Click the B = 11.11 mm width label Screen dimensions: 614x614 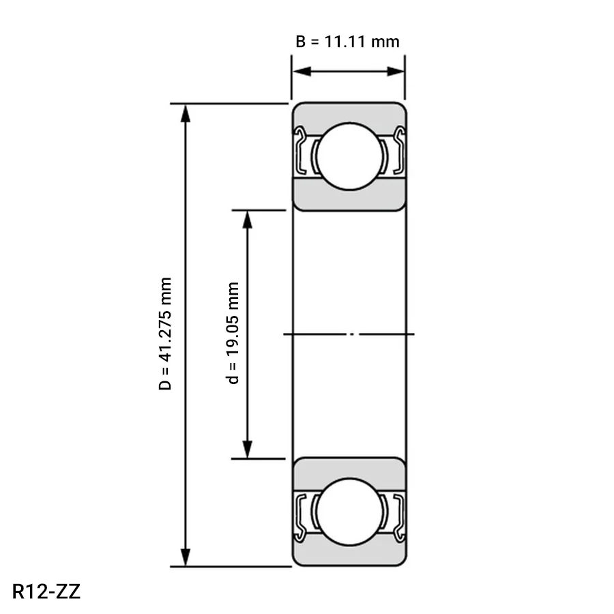pyautogui.click(x=347, y=42)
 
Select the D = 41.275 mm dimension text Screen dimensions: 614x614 pyautogui.click(x=165, y=333)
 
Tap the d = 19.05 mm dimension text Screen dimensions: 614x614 pyautogui.click(x=233, y=333)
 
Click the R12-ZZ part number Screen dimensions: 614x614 pyautogui.click(x=46, y=591)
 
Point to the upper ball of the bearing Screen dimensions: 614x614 pyautogui.click(x=350, y=156)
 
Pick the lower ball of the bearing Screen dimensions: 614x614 pyautogui.click(x=350, y=512)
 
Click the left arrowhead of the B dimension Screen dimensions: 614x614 pyautogui.click(x=302, y=71)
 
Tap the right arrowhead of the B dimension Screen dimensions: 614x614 pyautogui.click(x=395, y=71)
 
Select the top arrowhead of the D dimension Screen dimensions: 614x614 pyautogui.click(x=186, y=113)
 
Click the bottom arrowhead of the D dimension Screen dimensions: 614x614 pyautogui.click(x=186, y=557)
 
